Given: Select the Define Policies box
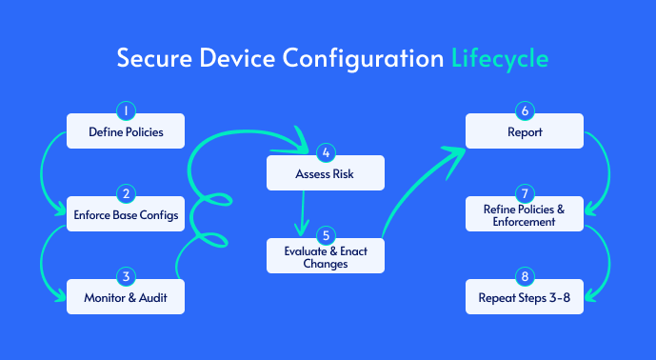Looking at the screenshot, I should pyautogui.click(x=125, y=132).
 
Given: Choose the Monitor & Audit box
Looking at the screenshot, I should pyautogui.click(x=125, y=298).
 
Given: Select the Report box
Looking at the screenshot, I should pyautogui.click(x=524, y=132).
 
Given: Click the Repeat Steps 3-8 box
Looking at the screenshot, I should pyautogui.click(x=524, y=298).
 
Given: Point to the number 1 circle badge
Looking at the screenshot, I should pyautogui.click(x=125, y=110).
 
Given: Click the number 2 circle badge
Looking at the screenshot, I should pyautogui.click(x=125, y=192).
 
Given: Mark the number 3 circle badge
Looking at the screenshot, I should pyautogui.click(x=125, y=275).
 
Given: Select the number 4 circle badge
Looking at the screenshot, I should pyautogui.click(x=325, y=152).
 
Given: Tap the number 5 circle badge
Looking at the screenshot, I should pyautogui.click(x=325, y=234).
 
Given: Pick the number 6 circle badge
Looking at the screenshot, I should pyautogui.click(x=524, y=110).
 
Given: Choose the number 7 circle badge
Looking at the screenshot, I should pyautogui.click(x=524, y=192).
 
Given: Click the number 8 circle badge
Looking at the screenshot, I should pyautogui.click(x=524, y=275).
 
